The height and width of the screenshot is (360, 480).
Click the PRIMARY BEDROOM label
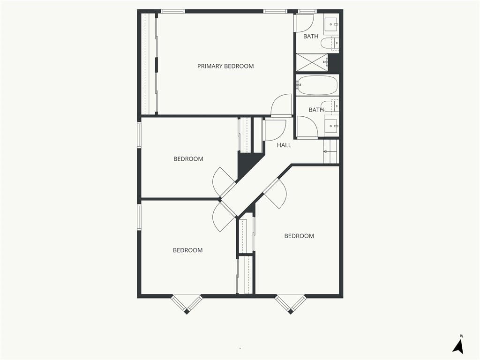(x=225, y=66)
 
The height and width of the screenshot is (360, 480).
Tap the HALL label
(x=284, y=145)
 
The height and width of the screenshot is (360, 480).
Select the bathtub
(x=317, y=85)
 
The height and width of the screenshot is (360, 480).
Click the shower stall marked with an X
(x=312, y=62)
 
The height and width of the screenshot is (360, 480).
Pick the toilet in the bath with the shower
(x=330, y=44)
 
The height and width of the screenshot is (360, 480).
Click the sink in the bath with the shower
(x=331, y=23)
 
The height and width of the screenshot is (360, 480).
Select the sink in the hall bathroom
(x=331, y=126)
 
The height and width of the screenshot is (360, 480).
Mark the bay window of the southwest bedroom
(x=187, y=304)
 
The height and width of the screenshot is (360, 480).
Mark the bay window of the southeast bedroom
(x=291, y=304)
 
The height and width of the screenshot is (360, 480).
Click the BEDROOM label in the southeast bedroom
(x=299, y=236)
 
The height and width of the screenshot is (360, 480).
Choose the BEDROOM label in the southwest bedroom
(x=187, y=250)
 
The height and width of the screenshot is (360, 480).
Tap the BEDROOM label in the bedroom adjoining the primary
(x=188, y=159)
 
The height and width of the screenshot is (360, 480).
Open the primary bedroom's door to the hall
(x=281, y=105)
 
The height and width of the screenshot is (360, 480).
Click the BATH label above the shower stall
(x=311, y=37)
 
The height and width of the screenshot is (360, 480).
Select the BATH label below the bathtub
(x=316, y=110)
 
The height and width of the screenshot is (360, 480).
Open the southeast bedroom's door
(x=276, y=194)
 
